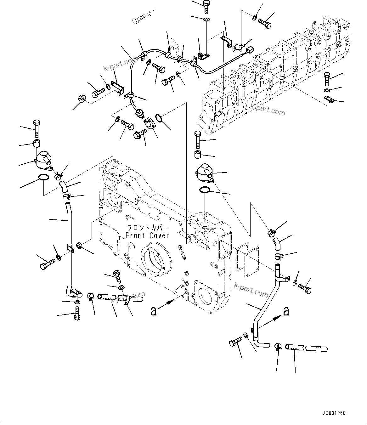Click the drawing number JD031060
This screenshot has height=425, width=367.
(334, 413)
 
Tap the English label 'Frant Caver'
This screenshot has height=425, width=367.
(147, 235)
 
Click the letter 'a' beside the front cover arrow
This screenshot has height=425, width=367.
(154, 311)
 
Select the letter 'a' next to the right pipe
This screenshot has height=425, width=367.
(286, 311)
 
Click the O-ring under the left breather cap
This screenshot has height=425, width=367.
(43, 178)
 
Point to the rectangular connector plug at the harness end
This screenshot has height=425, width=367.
(251, 49)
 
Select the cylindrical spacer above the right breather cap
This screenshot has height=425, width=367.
(198, 155)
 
